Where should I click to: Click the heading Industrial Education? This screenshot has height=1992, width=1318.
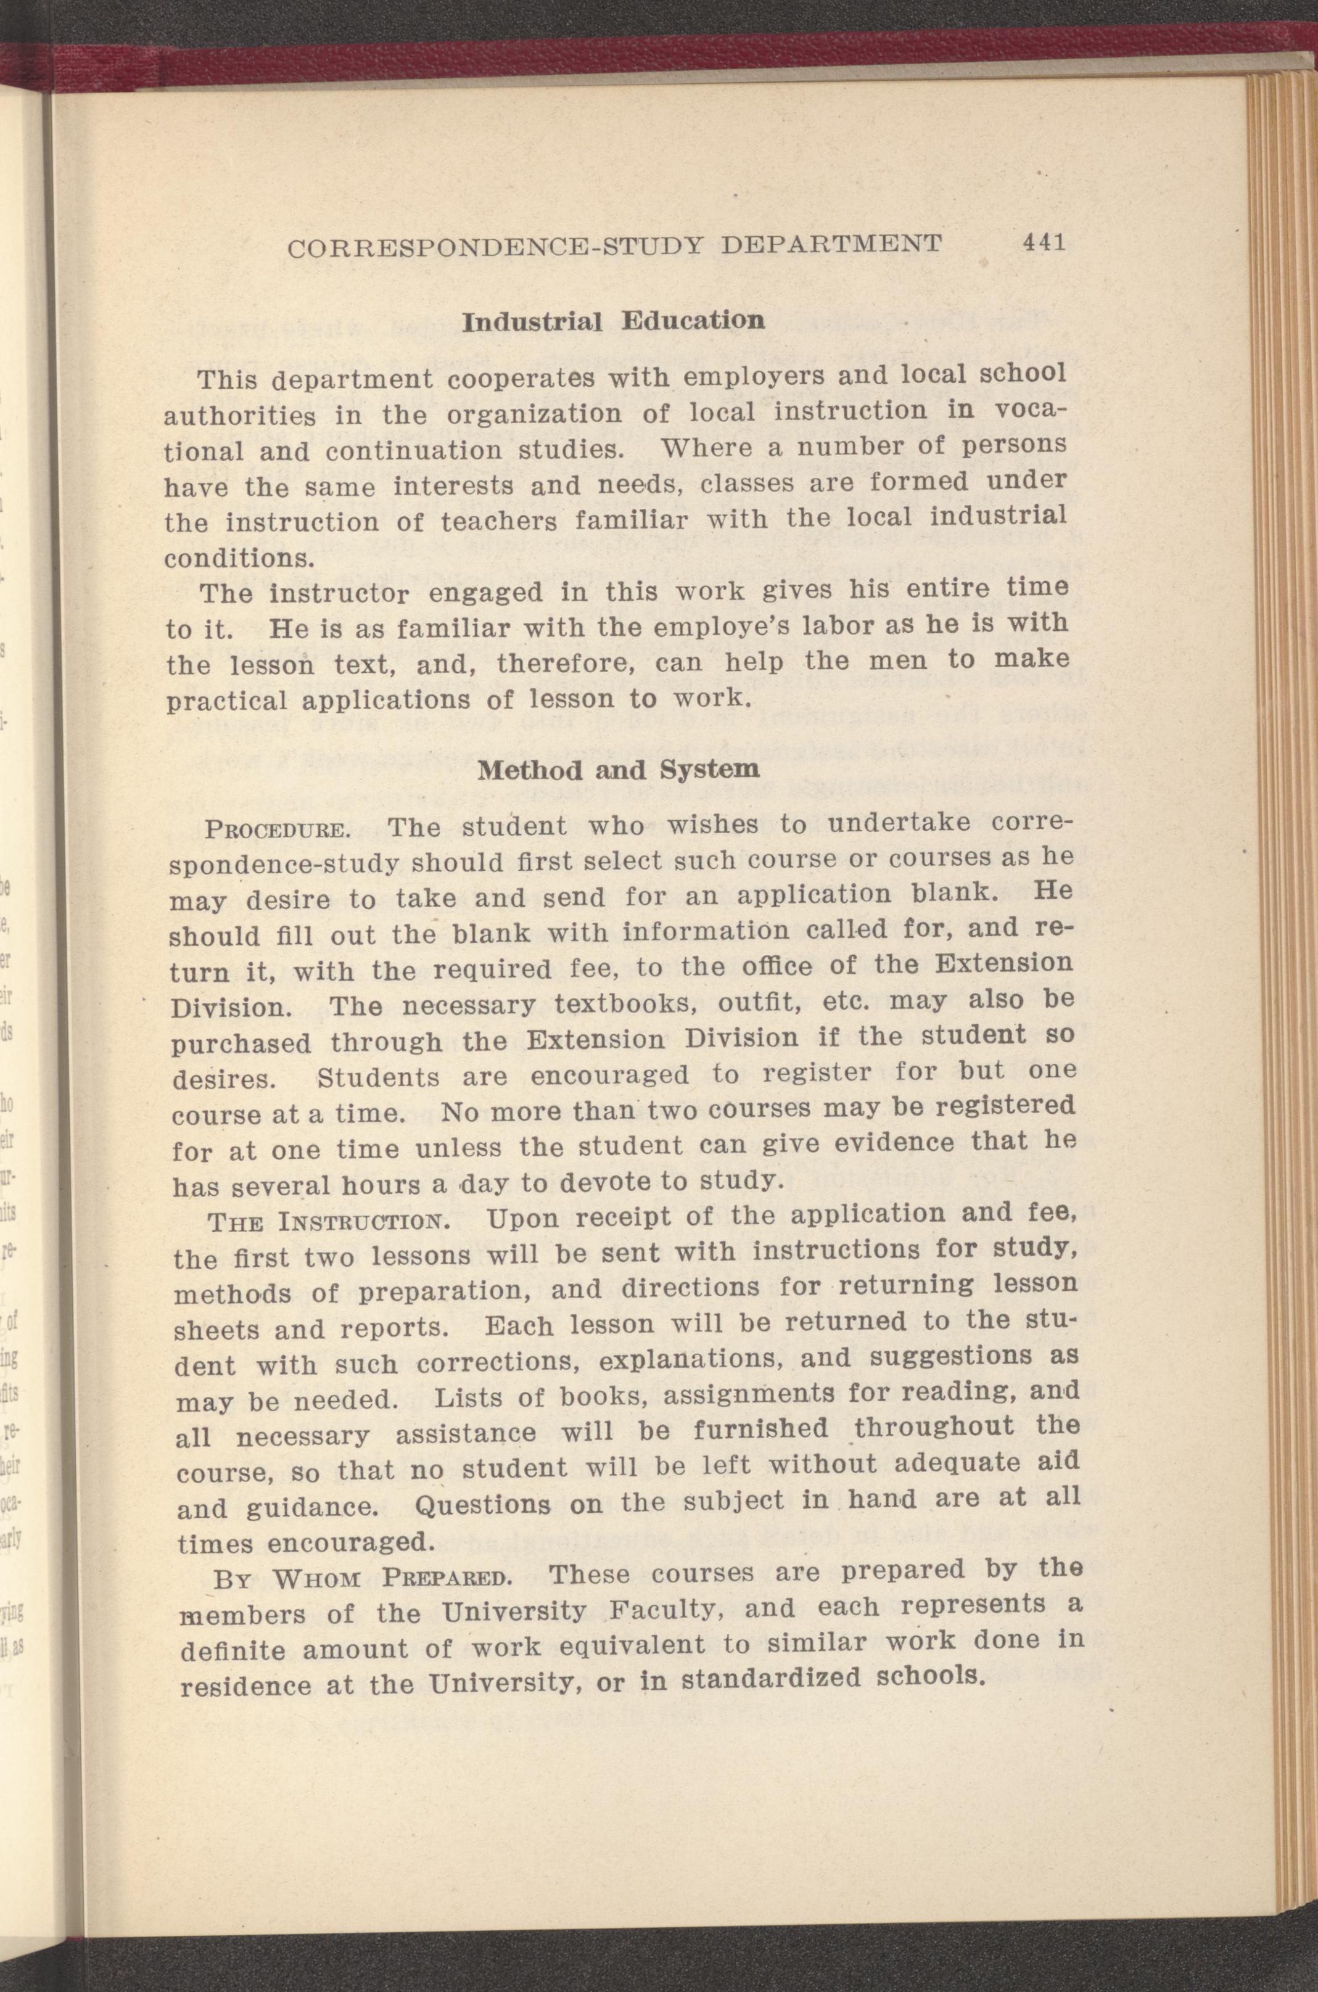(613, 321)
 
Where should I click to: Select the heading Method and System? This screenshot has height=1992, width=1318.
(618, 770)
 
